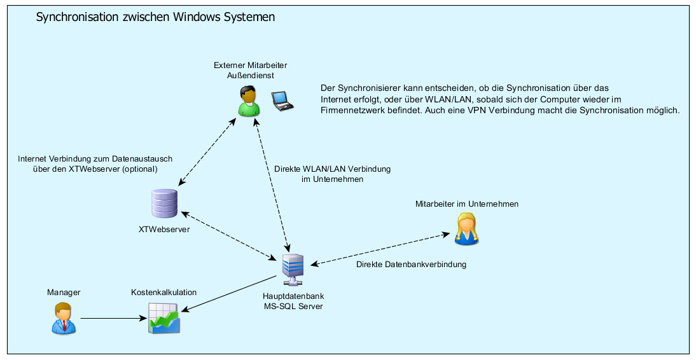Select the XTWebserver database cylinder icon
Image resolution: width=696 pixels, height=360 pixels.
164,204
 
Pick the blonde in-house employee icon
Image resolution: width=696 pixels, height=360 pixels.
466,229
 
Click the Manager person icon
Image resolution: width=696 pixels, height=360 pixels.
63,318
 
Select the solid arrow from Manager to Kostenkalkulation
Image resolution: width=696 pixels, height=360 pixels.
111,318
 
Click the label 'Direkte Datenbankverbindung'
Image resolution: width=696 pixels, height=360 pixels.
411,264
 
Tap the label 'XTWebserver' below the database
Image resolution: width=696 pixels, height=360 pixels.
164,230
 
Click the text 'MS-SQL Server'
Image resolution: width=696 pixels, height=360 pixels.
293,307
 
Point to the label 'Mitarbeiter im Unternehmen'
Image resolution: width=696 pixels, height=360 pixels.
467,204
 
